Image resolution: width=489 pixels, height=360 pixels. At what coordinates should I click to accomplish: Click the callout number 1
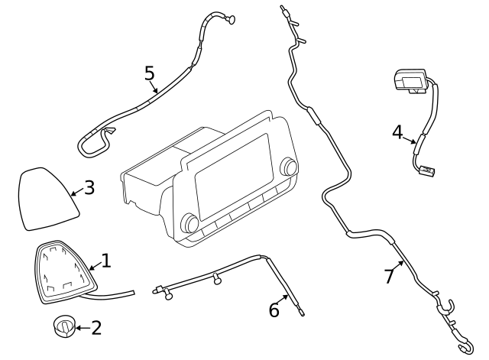(x=106, y=261)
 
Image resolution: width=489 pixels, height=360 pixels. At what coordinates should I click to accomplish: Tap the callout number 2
(x=96, y=329)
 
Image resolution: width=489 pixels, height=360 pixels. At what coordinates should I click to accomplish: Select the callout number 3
(x=89, y=187)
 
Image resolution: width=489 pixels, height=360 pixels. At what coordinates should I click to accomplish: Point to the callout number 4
(x=397, y=132)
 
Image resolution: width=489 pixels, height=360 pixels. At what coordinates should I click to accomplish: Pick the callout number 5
(x=149, y=73)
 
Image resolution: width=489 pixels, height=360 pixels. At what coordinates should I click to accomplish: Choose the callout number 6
(x=274, y=310)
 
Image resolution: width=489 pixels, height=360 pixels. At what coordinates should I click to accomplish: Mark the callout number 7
(x=390, y=276)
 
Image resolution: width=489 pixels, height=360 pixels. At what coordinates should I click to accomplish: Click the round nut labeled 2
(x=64, y=326)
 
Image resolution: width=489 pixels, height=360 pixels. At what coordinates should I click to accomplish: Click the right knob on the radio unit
(x=289, y=167)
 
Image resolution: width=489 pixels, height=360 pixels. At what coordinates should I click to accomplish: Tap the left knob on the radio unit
(x=189, y=223)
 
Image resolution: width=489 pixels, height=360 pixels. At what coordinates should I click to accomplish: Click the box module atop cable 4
(x=411, y=80)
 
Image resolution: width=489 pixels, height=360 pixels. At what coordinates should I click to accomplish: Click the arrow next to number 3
(x=75, y=193)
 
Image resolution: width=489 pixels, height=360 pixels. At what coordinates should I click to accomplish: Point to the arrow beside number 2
(x=81, y=329)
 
